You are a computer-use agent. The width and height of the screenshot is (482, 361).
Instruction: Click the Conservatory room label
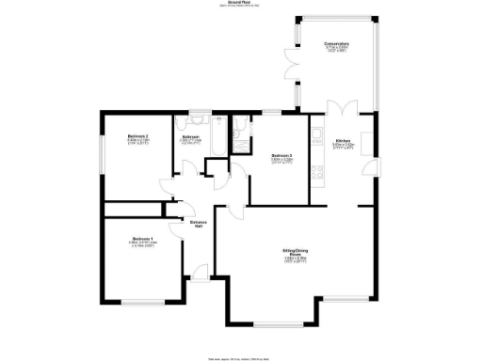tap(336, 44)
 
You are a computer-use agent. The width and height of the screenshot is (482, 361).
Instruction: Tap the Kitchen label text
tap(342, 140)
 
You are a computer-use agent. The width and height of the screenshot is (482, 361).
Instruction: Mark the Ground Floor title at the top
tap(241, 5)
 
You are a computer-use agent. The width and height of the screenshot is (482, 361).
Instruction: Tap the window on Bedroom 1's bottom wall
tap(143, 301)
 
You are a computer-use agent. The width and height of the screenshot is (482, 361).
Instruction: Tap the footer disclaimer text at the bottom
tap(241, 355)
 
